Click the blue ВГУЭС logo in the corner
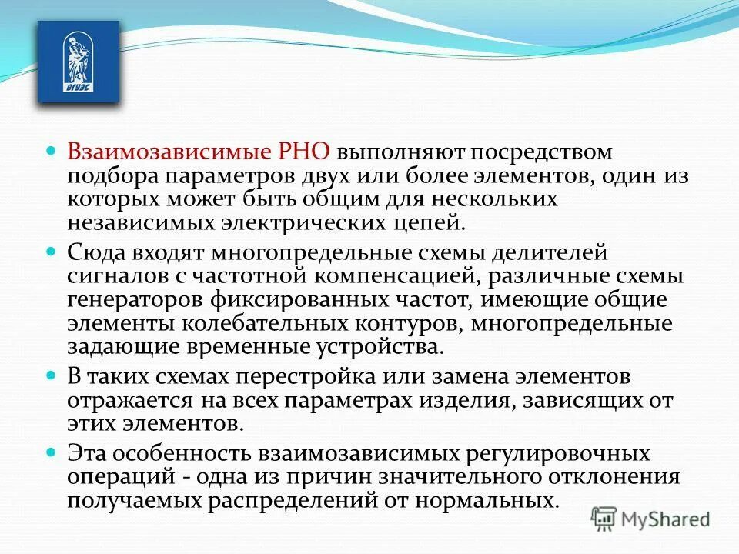[x=79, y=62]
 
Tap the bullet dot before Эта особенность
[x=52, y=452]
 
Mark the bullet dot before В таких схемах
[x=52, y=376]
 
